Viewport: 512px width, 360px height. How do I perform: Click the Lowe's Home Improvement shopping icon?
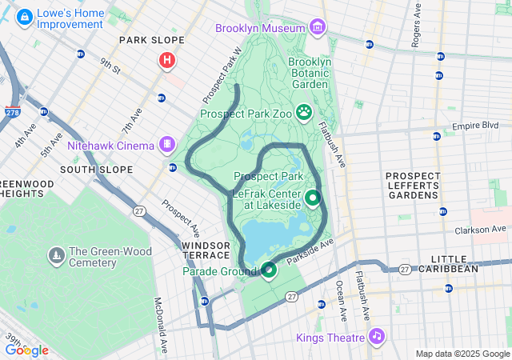[25, 16]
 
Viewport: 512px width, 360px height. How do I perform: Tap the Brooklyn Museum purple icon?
[318, 29]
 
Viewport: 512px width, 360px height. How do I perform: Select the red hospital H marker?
[167, 60]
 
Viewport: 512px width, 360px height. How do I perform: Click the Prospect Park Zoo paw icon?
[304, 113]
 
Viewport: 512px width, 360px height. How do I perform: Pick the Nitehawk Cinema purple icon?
[167, 145]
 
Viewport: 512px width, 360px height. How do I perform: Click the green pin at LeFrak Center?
[312, 197]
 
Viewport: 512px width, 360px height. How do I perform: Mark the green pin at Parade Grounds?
[268, 270]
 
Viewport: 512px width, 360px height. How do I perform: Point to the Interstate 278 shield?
[12, 113]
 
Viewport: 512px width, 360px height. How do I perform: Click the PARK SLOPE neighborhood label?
[151, 40]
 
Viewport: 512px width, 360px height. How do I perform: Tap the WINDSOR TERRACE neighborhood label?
[206, 250]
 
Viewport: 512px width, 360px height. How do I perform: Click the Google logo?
[26, 350]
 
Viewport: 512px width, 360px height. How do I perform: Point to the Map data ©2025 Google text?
[462, 354]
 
